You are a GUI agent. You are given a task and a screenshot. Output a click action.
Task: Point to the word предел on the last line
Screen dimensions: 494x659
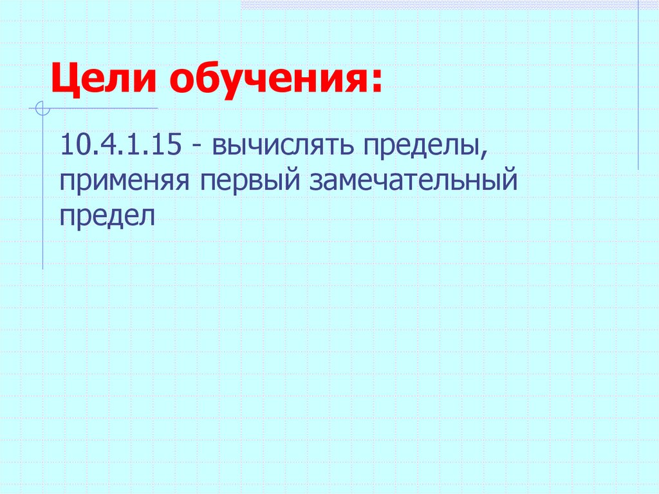click(x=107, y=215)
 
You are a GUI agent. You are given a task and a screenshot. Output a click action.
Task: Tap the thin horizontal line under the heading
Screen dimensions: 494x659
click(x=103, y=108)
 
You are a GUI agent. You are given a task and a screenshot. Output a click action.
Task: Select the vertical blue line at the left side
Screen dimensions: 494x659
click(x=43, y=193)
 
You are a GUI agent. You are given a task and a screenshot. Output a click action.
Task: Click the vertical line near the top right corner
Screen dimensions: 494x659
click(x=638, y=84)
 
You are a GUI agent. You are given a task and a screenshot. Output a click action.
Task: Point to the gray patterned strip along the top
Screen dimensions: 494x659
click(x=444, y=4)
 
